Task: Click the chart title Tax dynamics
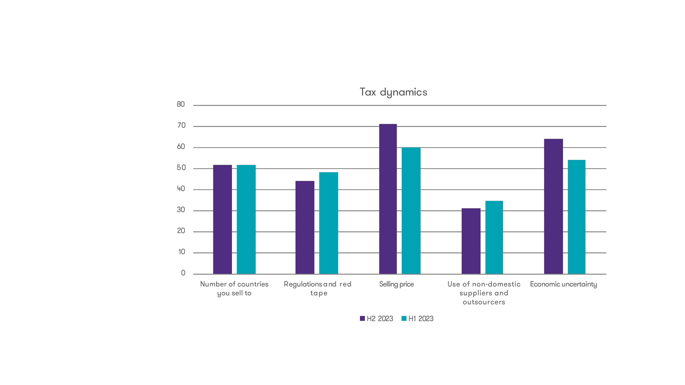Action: [393, 92]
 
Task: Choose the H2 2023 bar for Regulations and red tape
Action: [305, 227]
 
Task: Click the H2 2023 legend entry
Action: [376, 319]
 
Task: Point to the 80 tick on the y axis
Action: [181, 104]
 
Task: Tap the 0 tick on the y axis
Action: [183, 273]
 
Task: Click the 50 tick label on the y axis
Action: [181, 168]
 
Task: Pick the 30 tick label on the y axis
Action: [181, 210]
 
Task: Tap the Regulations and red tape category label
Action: [318, 288]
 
